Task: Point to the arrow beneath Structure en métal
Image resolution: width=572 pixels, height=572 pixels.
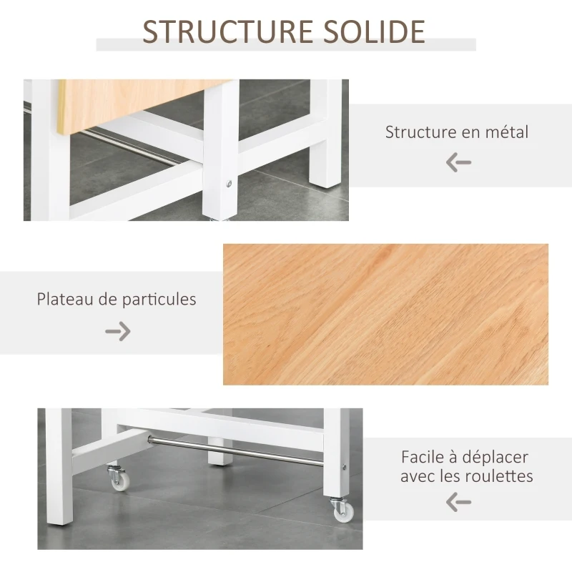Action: [458, 162]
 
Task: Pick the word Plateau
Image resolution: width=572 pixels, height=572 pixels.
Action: [67, 299]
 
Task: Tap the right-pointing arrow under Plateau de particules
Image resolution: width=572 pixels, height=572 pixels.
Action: [118, 330]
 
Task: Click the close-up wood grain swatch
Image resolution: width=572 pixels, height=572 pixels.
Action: [385, 315]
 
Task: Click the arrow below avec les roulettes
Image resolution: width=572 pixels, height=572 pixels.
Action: [458, 502]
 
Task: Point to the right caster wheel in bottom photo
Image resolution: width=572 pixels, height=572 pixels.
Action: [341, 510]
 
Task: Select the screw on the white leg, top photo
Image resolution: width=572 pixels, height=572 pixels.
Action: [229, 184]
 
